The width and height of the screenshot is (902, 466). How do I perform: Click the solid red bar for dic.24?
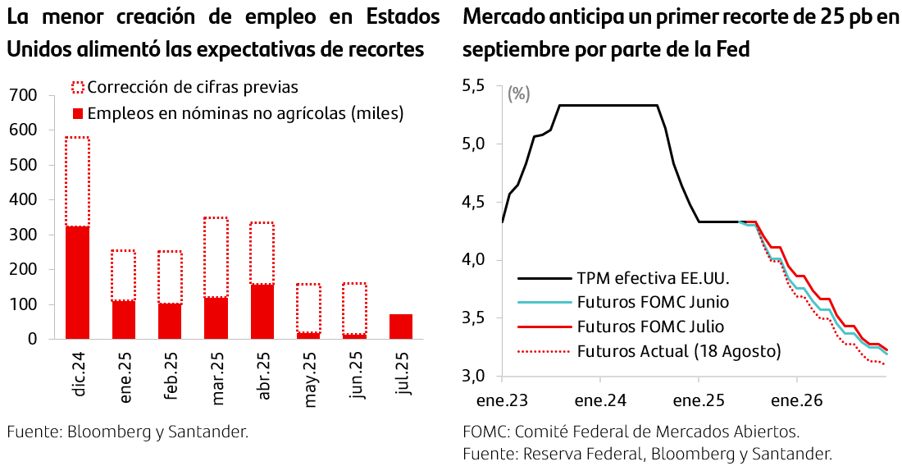pyautogui.click(x=77, y=282)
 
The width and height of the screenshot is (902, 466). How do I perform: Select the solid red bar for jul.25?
pyautogui.click(x=401, y=326)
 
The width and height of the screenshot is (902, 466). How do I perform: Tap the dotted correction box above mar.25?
pyautogui.click(x=216, y=257)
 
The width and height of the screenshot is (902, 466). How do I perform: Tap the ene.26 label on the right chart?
pyautogui.click(x=796, y=401)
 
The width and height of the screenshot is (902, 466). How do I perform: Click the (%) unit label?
pyautogui.click(x=519, y=94)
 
